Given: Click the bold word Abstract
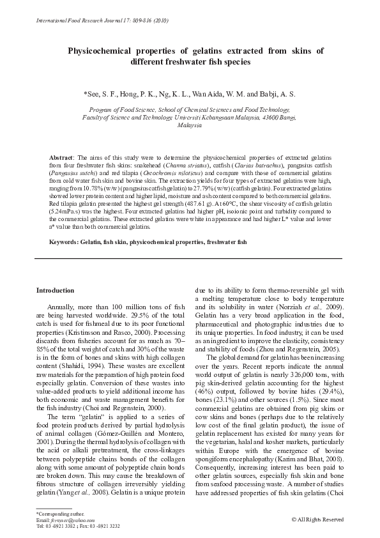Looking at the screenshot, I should pos(61,157).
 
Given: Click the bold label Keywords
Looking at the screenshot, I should pos(64,242).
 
